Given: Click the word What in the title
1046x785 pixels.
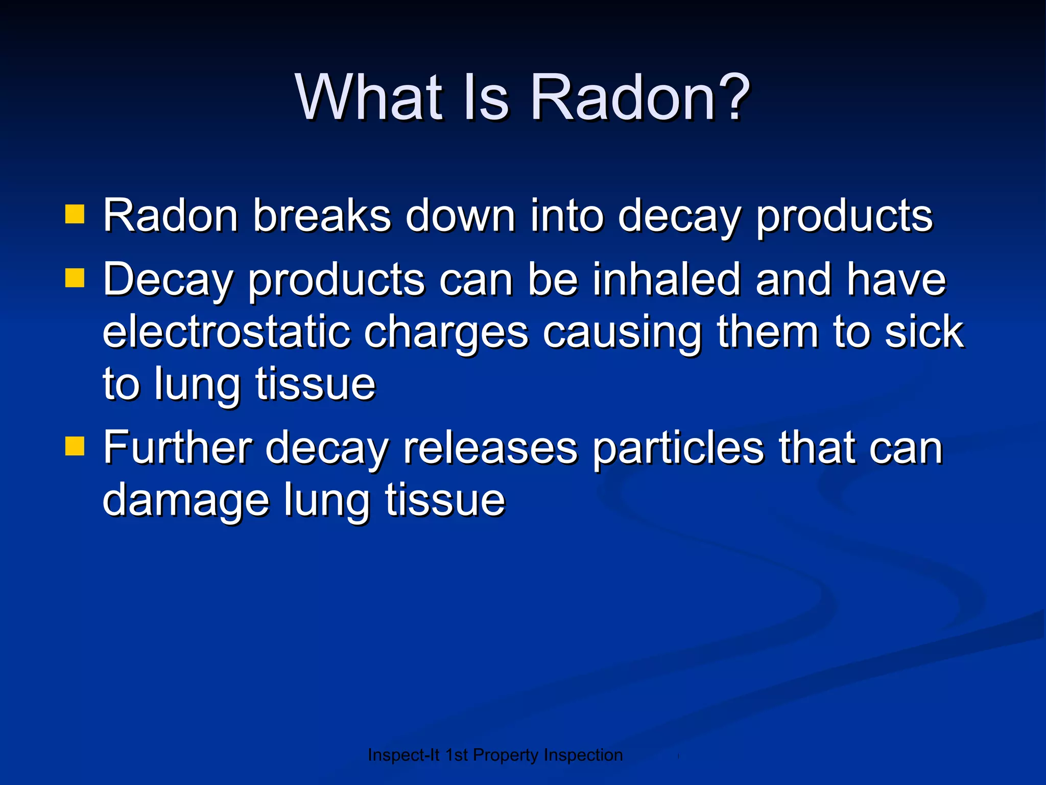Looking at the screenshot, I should pyautogui.click(x=368, y=97).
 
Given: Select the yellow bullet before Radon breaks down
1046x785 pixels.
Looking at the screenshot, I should pyautogui.click(x=75, y=215).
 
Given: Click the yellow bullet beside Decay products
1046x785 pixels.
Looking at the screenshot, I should pyautogui.click(x=75, y=279).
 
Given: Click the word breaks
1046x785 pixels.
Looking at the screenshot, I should pyautogui.click(x=322, y=216).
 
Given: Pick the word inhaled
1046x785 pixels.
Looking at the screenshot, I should pyautogui.click(x=666, y=280).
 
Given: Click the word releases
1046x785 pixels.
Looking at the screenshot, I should pyautogui.click(x=490, y=448).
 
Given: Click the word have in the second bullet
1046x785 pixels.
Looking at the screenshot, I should pyautogui.click(x=896, y=280).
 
